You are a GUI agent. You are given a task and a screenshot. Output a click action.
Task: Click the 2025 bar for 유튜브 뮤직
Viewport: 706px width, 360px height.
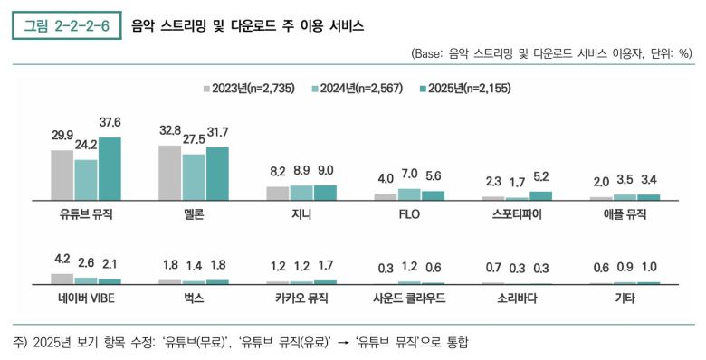[110, 168]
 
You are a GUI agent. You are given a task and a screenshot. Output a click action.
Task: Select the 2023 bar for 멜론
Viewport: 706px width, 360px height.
[169, 172]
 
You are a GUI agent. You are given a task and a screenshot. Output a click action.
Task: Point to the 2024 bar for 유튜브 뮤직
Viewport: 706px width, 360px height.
[86, 179]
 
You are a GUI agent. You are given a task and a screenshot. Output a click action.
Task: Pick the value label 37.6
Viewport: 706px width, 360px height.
[110, 123]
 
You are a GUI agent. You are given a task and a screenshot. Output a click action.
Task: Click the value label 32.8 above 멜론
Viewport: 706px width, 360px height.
[170, 130]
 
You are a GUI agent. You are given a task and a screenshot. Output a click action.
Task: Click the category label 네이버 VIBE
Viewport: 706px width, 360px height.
[86, 298]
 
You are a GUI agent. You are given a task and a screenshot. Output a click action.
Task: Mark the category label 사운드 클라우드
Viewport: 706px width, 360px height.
[409, 298]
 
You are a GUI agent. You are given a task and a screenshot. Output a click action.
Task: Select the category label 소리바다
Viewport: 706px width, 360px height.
[517, 298]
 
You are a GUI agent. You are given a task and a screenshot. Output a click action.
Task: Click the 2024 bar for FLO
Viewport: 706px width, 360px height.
[409, 194]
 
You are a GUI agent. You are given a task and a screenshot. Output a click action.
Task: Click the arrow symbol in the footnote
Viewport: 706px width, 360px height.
[344, 343]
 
